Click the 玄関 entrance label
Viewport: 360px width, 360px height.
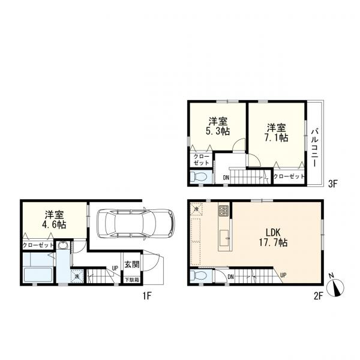click(x=131, y=263)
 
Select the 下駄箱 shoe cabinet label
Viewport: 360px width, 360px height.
click(x=131, y=279)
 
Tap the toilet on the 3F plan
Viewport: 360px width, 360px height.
click(x=200, y=177)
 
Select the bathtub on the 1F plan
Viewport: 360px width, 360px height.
click(x=38, y=274)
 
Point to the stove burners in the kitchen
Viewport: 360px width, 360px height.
click(x=223, y=211)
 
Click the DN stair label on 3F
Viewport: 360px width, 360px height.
click(x=226, y=178)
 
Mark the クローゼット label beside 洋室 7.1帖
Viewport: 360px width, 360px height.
click(x=289, y=176)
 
